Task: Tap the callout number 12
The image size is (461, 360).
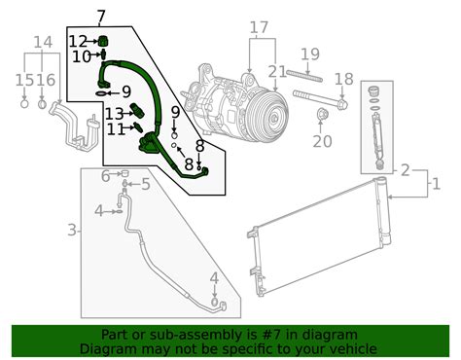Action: click(x=79, y=40)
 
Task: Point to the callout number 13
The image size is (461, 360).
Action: click(x=115, y=113)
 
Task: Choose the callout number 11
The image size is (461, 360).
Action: click(x=115, y=128)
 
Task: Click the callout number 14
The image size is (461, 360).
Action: click(x=42, y=42)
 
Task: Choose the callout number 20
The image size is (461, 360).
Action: click(x=322, y=140)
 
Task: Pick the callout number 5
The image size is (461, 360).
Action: click(x=146, y=183)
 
